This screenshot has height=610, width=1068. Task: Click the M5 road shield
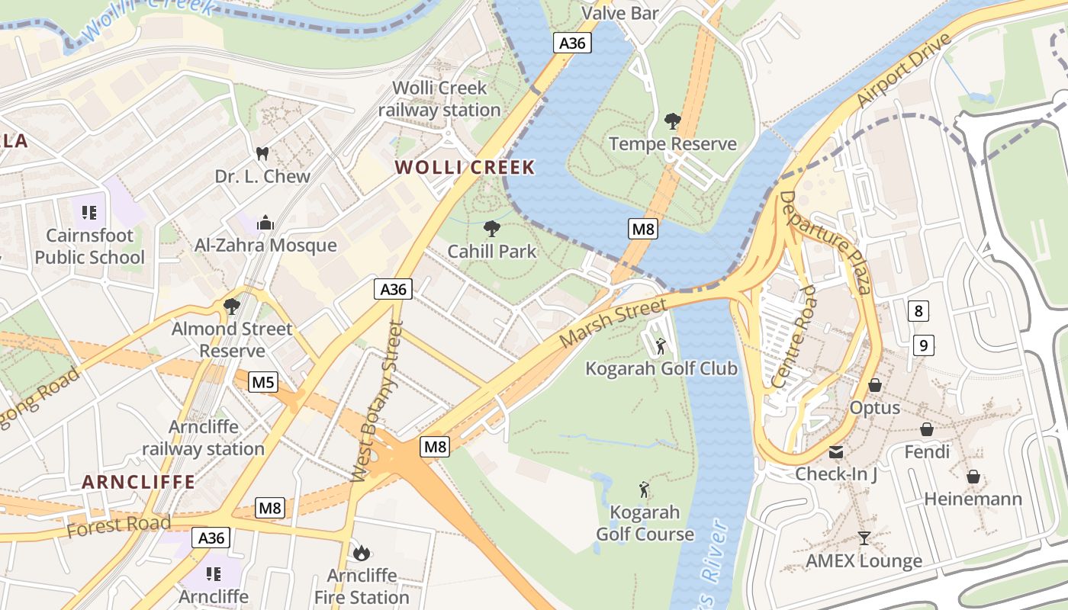click(x=263, y=382)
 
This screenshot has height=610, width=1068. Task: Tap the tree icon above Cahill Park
click(x=492, y=228)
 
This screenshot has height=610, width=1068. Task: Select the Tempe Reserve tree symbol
click(x=673, y=120)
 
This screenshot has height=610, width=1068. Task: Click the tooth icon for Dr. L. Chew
click(x=262, y=153)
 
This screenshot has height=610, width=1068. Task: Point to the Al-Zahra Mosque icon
click(x=265, y=222)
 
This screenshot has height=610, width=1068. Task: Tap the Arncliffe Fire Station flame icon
click(x=362, y=552)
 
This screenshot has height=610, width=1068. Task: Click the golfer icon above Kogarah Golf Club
click(x=661, y=346)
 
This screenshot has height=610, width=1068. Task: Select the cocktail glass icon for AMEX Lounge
click(x=864, y=538)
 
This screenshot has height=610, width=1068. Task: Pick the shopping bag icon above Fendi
click(x=927, y=430)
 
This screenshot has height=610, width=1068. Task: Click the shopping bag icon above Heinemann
click(x=973, y=477)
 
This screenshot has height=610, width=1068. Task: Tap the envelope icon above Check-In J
click(x=836, y=451)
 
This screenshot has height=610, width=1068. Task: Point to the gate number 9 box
click(x=923, y=345)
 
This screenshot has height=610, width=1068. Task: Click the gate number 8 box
click(x=918, y=310)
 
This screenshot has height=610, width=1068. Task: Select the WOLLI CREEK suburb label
click(x=465, y=168)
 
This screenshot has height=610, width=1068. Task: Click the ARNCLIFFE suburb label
click(x=139, y=482)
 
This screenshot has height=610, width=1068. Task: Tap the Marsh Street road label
click(x=613, y=323)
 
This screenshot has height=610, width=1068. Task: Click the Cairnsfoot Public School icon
click(x=89, y=212)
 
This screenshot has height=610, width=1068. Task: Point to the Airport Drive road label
click(x=905, y=70)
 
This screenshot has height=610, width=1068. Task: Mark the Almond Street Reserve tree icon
click(x=232, y=307)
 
